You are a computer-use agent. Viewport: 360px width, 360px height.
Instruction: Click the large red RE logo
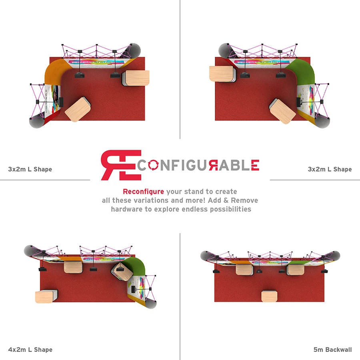[121, 165]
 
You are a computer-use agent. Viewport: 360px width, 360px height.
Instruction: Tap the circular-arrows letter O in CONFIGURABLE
[153, 165]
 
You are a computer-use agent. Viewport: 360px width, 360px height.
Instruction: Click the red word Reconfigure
[143, 192]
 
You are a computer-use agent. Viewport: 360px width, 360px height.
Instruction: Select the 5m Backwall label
[332, 350]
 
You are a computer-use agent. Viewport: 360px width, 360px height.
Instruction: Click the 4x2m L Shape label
[30, 350]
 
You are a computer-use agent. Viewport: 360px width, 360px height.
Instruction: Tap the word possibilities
[230, 209]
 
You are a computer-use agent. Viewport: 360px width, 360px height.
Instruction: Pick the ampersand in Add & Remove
[226, 200]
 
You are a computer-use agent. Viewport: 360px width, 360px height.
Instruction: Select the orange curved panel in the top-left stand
[55, 70]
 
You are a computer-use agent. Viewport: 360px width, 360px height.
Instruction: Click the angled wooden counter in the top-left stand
[78, 109]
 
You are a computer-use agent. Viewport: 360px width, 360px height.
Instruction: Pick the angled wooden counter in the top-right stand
[282, 111]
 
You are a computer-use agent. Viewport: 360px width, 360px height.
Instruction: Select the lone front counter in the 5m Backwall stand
[269, 296]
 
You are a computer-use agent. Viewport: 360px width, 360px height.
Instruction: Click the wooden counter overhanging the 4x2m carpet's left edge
[46, 296]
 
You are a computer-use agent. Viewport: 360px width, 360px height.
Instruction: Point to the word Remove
[244, 200]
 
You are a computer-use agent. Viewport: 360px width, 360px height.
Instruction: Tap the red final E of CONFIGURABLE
[255, 165]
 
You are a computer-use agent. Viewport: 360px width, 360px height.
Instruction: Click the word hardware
[127, 209]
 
